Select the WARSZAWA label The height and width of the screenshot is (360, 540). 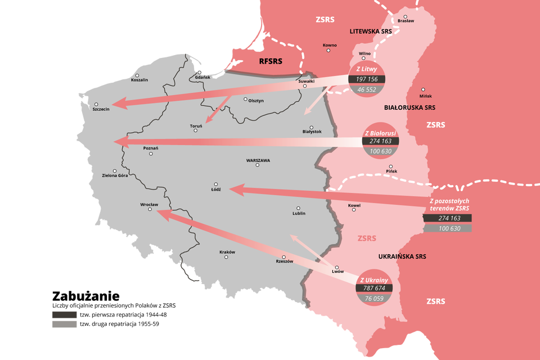[x=258, y=160]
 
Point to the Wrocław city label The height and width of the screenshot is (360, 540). [x=149, y=204]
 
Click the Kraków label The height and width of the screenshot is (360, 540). [x=227, y=252]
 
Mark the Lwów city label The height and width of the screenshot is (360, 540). [x=337, y=272]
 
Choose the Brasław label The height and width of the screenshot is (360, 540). [x=405, y=21]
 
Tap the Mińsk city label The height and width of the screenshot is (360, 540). [x=426, y=96]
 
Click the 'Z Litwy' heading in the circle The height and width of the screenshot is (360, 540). [x=367, y=69]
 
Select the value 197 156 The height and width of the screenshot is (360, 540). [x=367, y=79]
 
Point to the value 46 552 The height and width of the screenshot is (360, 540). [x=367, y=89]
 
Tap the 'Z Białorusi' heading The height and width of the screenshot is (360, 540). [x=380, y=132]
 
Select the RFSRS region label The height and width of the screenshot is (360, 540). [x=270, y=61]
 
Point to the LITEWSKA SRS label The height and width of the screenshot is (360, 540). [x=370, y=31]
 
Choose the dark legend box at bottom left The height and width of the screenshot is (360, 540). [x=64, y=314]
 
